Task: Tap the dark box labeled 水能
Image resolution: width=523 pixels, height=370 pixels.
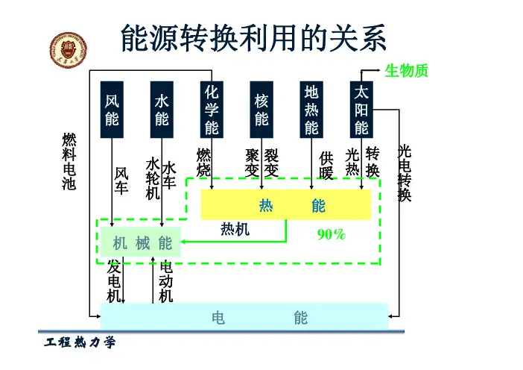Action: click(162, 110)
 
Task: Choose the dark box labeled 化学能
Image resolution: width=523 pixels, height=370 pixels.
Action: click(212, 110)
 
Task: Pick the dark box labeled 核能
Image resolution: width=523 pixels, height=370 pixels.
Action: click(261, 110)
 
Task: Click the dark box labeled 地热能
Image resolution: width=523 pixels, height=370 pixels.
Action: click(311, 110)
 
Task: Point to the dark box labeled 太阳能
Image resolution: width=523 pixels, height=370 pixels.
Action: click(361, 110)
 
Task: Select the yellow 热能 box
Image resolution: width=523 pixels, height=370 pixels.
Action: click(286, 205)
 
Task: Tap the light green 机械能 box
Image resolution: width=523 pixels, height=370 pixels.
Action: click(142, 243)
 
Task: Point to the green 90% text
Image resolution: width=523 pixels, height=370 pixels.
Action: click(331, 235)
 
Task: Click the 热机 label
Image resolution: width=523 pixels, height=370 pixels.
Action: click(235, 230)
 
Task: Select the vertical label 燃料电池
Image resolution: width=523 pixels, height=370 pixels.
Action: click(69, 162)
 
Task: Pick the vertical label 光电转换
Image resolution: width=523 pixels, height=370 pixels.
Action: click(405, 173)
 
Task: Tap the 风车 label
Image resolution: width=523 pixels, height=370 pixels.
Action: click(121, 181)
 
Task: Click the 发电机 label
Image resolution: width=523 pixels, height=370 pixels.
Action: click(114, 281)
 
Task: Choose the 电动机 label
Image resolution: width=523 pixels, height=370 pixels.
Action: click(166, 281)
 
